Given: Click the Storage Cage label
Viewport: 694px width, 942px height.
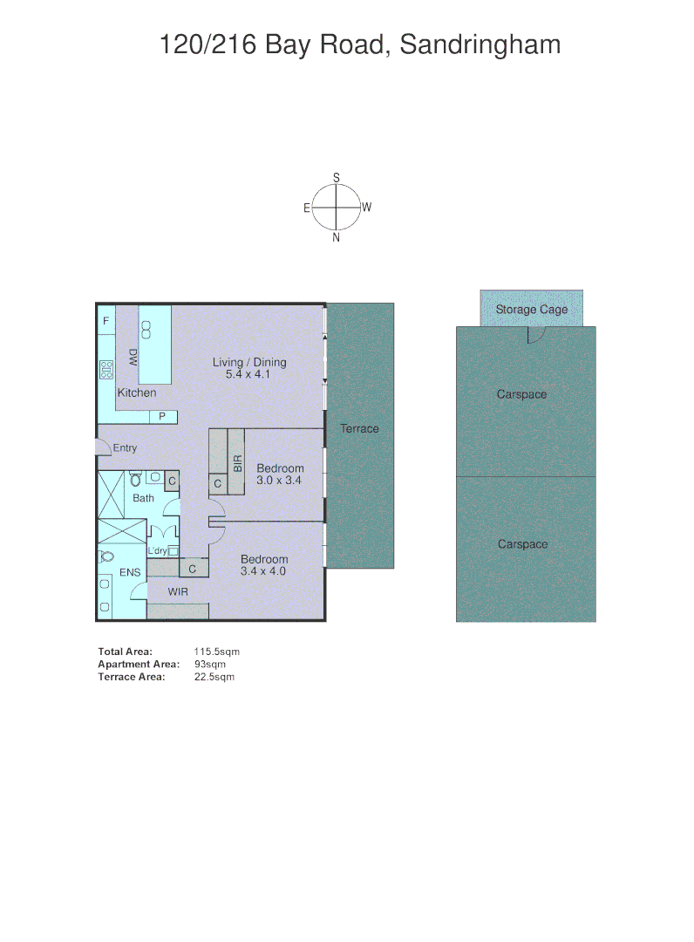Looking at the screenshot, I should tap(531, 310).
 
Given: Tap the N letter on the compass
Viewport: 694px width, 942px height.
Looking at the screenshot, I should tap(337, 237).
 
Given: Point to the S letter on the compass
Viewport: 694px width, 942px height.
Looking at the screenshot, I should tap(337, 178).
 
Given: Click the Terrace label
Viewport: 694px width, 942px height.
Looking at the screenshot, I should tap(359, 428).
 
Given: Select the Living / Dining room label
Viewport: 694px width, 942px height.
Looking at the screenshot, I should tap(249, 363).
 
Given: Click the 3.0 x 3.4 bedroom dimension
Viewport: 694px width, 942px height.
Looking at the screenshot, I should tap(279, 481).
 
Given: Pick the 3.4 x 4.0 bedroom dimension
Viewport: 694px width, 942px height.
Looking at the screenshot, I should tap(263, 571).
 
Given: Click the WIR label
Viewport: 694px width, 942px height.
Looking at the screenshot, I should tap(178, 592).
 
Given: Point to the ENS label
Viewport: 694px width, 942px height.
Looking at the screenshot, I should tap(129, 572).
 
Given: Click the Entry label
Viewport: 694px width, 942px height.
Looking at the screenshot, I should tap(125, 448).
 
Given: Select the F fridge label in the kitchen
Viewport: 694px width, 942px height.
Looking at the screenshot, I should tap(105, 321).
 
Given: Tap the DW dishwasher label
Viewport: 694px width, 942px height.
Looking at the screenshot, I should tap(133, 356).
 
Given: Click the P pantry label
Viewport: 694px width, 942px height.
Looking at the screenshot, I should tap(162, 417).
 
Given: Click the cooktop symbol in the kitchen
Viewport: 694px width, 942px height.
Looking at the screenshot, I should tap(106, 368).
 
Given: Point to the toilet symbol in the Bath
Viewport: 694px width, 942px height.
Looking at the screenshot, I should tap(136, 479).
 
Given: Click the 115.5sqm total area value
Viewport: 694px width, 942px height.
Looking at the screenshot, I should tap(216, 652).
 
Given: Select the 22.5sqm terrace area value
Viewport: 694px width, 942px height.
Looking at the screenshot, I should tap(214, 677).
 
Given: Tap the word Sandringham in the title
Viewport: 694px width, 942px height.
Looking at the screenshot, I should tap(480, 44).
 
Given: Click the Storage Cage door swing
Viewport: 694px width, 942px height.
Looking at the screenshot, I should tap(536, 334).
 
